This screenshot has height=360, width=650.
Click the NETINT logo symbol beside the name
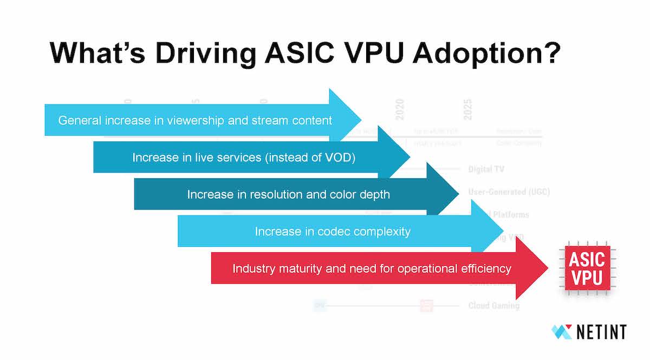coord(562,331)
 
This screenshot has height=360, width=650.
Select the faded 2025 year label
coord(467,110)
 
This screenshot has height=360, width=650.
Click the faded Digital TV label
coord(486,169)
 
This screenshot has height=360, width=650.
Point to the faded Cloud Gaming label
coord(493,306)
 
